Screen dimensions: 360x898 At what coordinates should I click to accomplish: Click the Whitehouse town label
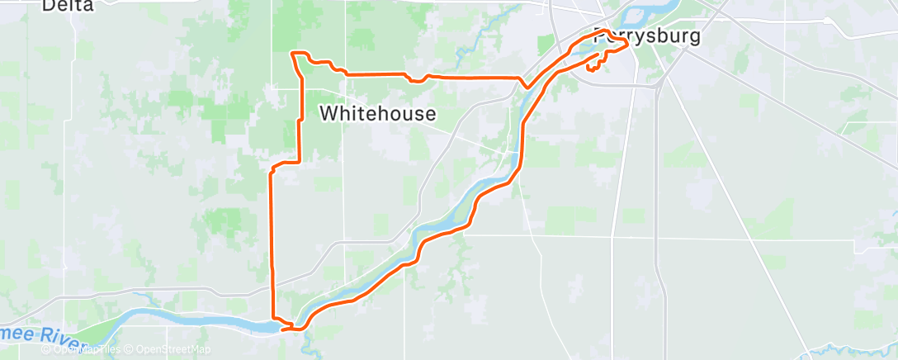click(x=377, y=114)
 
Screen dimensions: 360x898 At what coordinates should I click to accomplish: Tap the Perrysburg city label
click(x=647, y=37)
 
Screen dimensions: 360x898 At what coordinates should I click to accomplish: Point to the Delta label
click(x=68, y=5)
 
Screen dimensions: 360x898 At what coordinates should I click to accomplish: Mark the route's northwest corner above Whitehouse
click(x=294, y=54)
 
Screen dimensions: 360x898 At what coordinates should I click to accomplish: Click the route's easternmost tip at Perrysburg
click(x=628, y=46)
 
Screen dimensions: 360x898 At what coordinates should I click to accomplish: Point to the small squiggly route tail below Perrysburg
click(x=592, y=67)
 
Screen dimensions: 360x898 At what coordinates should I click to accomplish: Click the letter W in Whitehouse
click(x=328, y=114)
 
